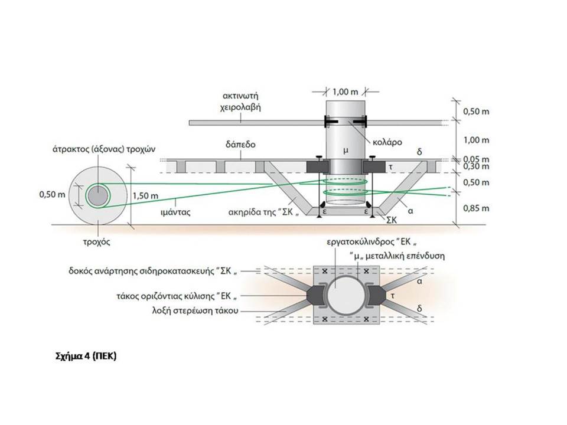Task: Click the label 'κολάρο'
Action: point(387,142)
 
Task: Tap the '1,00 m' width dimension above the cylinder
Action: point(346,92)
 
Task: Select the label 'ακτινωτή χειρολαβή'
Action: point(241,102)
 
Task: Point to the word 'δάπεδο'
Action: point(240,145)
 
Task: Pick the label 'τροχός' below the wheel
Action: point(96,242)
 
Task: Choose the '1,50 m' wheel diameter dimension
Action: point(145,196)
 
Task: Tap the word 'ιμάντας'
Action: point(175,212)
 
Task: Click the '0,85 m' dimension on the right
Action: point(476,208)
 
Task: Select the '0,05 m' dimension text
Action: point(476,159)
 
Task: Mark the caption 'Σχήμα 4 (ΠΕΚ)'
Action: point(86,357)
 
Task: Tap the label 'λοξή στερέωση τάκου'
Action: point(195,310)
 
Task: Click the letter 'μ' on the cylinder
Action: point(346,151)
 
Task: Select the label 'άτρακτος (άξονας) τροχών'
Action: point(104,149)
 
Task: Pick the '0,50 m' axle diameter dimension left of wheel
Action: point(52,194)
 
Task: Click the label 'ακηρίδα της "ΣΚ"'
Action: point(264,212)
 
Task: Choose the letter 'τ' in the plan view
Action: point(393,296)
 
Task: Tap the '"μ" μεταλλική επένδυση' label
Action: point(397,256)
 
